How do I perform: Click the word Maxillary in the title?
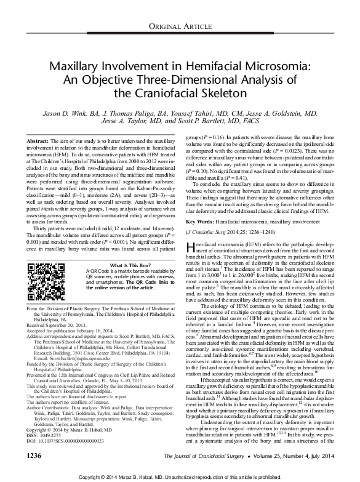[x=79, y=65]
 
